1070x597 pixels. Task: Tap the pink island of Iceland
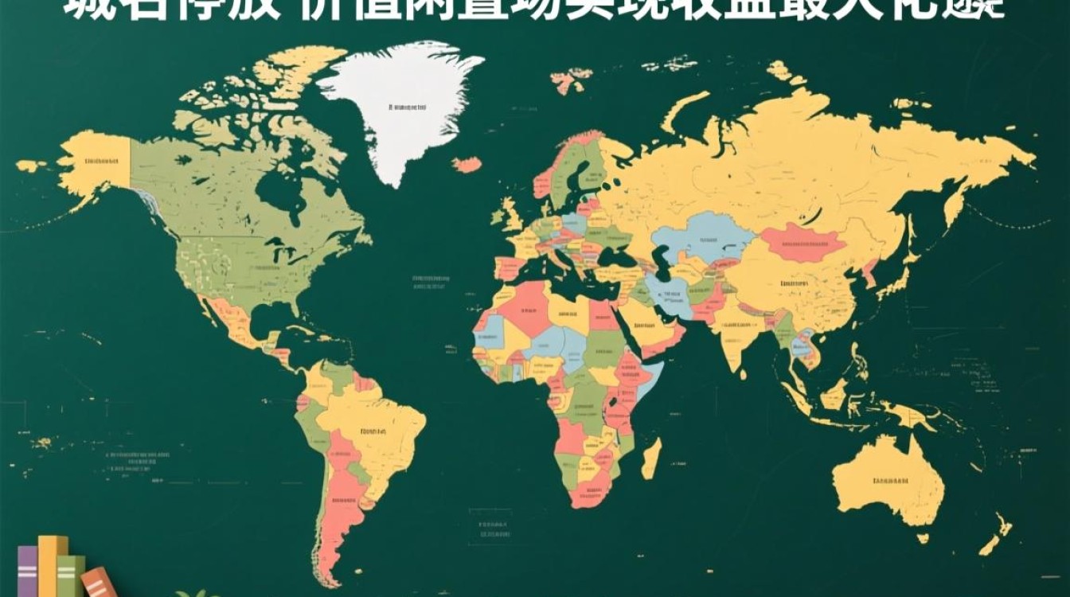[x=467, y=165]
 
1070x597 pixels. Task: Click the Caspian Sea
[x=661, y=263]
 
